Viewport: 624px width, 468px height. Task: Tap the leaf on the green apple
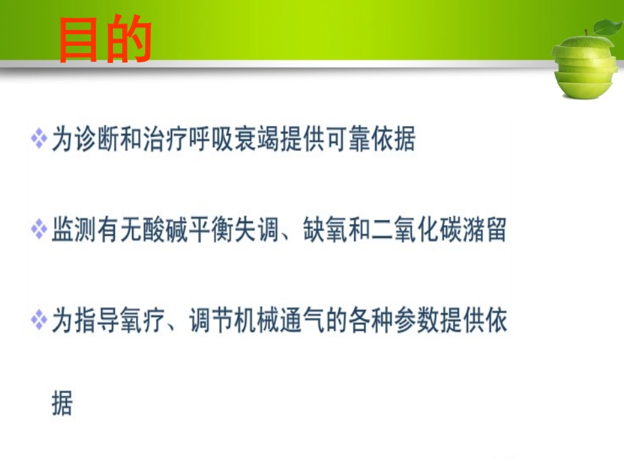click(604, 27)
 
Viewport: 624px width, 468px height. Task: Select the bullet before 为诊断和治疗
click(39, 139)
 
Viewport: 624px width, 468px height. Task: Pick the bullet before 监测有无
click(39, 231)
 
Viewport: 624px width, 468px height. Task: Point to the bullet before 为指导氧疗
click(39, 322)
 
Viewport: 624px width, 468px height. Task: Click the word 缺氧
click(324, 231)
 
